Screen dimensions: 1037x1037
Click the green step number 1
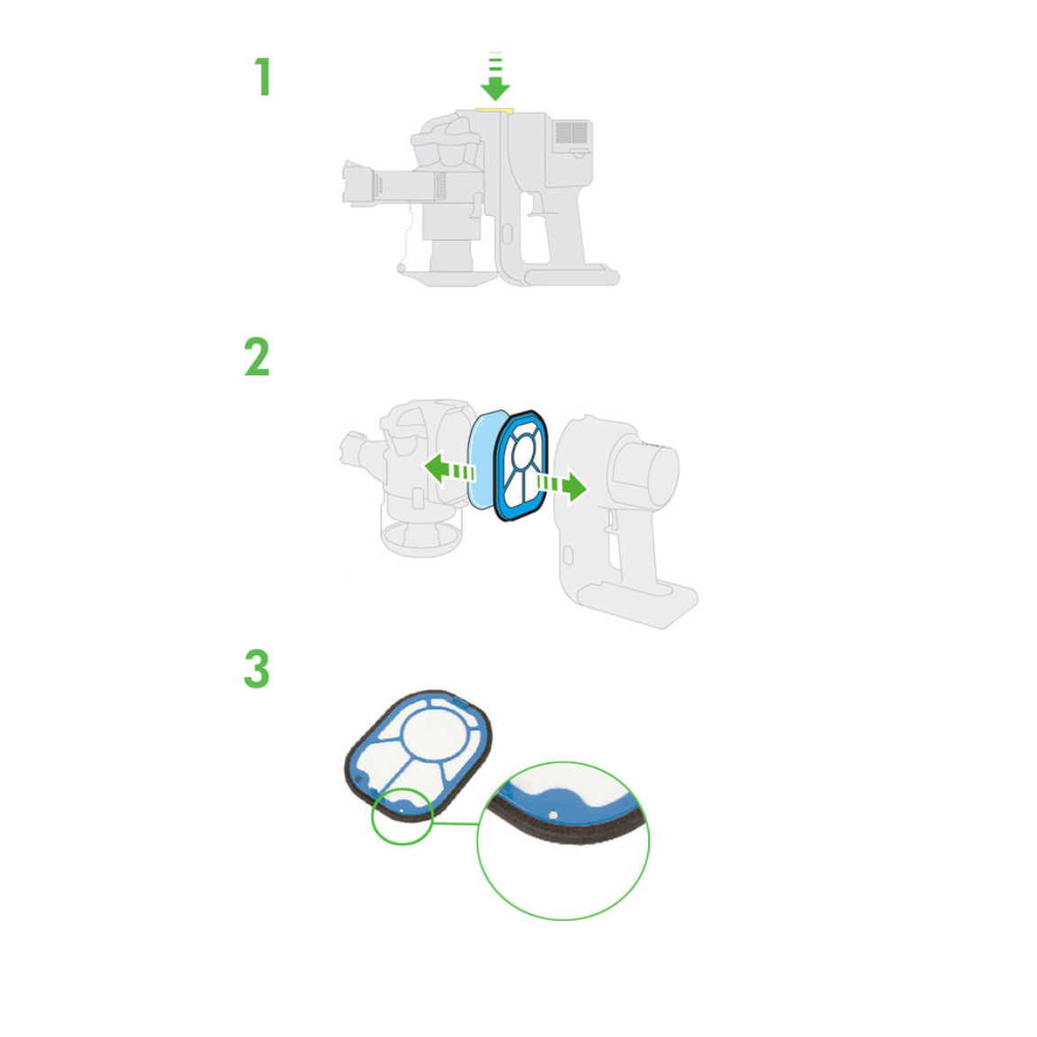click(x=263, y=77)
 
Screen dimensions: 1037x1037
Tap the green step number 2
click(x=257, y=356)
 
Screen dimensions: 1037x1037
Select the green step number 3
click(x=257, y=669)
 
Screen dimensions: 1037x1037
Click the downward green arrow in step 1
click(x=495, y=77)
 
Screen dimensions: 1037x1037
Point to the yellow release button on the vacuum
click(x=495, y=111)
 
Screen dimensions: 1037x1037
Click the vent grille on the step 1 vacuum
click(x=572, y=132)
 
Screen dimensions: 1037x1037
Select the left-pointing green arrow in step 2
click(x=450, y=469)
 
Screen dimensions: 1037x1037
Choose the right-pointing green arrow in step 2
click(x=561, y=486)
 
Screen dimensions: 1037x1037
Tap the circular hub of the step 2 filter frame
click(x=524, y=452)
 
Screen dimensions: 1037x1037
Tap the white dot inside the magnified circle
click(x=553, y=815)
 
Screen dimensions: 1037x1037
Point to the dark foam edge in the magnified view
click(x=569, y=831)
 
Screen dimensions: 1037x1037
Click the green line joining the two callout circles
click(x=455, y=824)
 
